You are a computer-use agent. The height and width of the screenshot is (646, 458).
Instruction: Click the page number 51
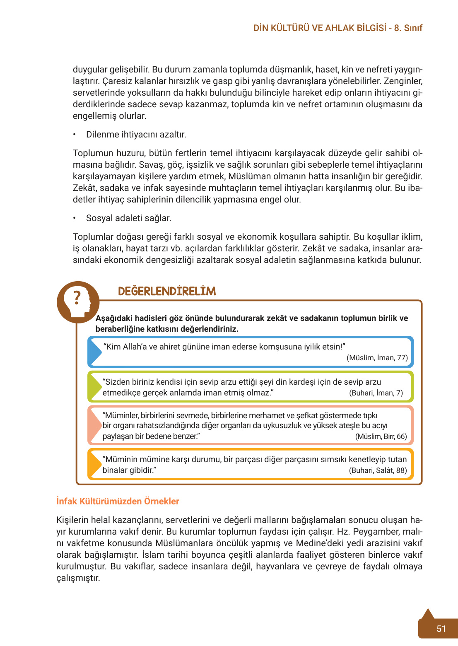[x=441, y=629]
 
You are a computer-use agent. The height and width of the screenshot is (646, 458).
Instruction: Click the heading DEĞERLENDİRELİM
[x=167, y=291]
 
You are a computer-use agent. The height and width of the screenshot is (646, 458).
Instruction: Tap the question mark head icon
[x=78, y=301]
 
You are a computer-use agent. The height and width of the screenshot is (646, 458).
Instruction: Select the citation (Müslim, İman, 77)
[x=377, y=358]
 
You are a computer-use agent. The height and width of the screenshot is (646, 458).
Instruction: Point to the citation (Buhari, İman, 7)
[x=376, y=393]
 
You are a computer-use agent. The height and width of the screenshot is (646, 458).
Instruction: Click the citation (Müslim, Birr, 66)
[x=381, y=436]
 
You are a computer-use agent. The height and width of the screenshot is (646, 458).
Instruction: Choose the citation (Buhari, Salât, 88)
[x=378, y=470]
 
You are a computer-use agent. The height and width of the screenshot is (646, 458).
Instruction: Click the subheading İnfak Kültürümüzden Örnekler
[x=118, y=501]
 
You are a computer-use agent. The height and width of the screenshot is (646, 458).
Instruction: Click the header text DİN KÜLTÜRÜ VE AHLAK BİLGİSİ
[x=320, y=28]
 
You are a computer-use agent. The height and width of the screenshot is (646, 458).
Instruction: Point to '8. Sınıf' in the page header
[x=408, y=28]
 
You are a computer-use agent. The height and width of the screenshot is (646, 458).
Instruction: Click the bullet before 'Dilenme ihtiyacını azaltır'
[x=75, y=135]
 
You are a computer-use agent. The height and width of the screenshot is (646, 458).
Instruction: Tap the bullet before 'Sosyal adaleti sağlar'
[x=75, y=218]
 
